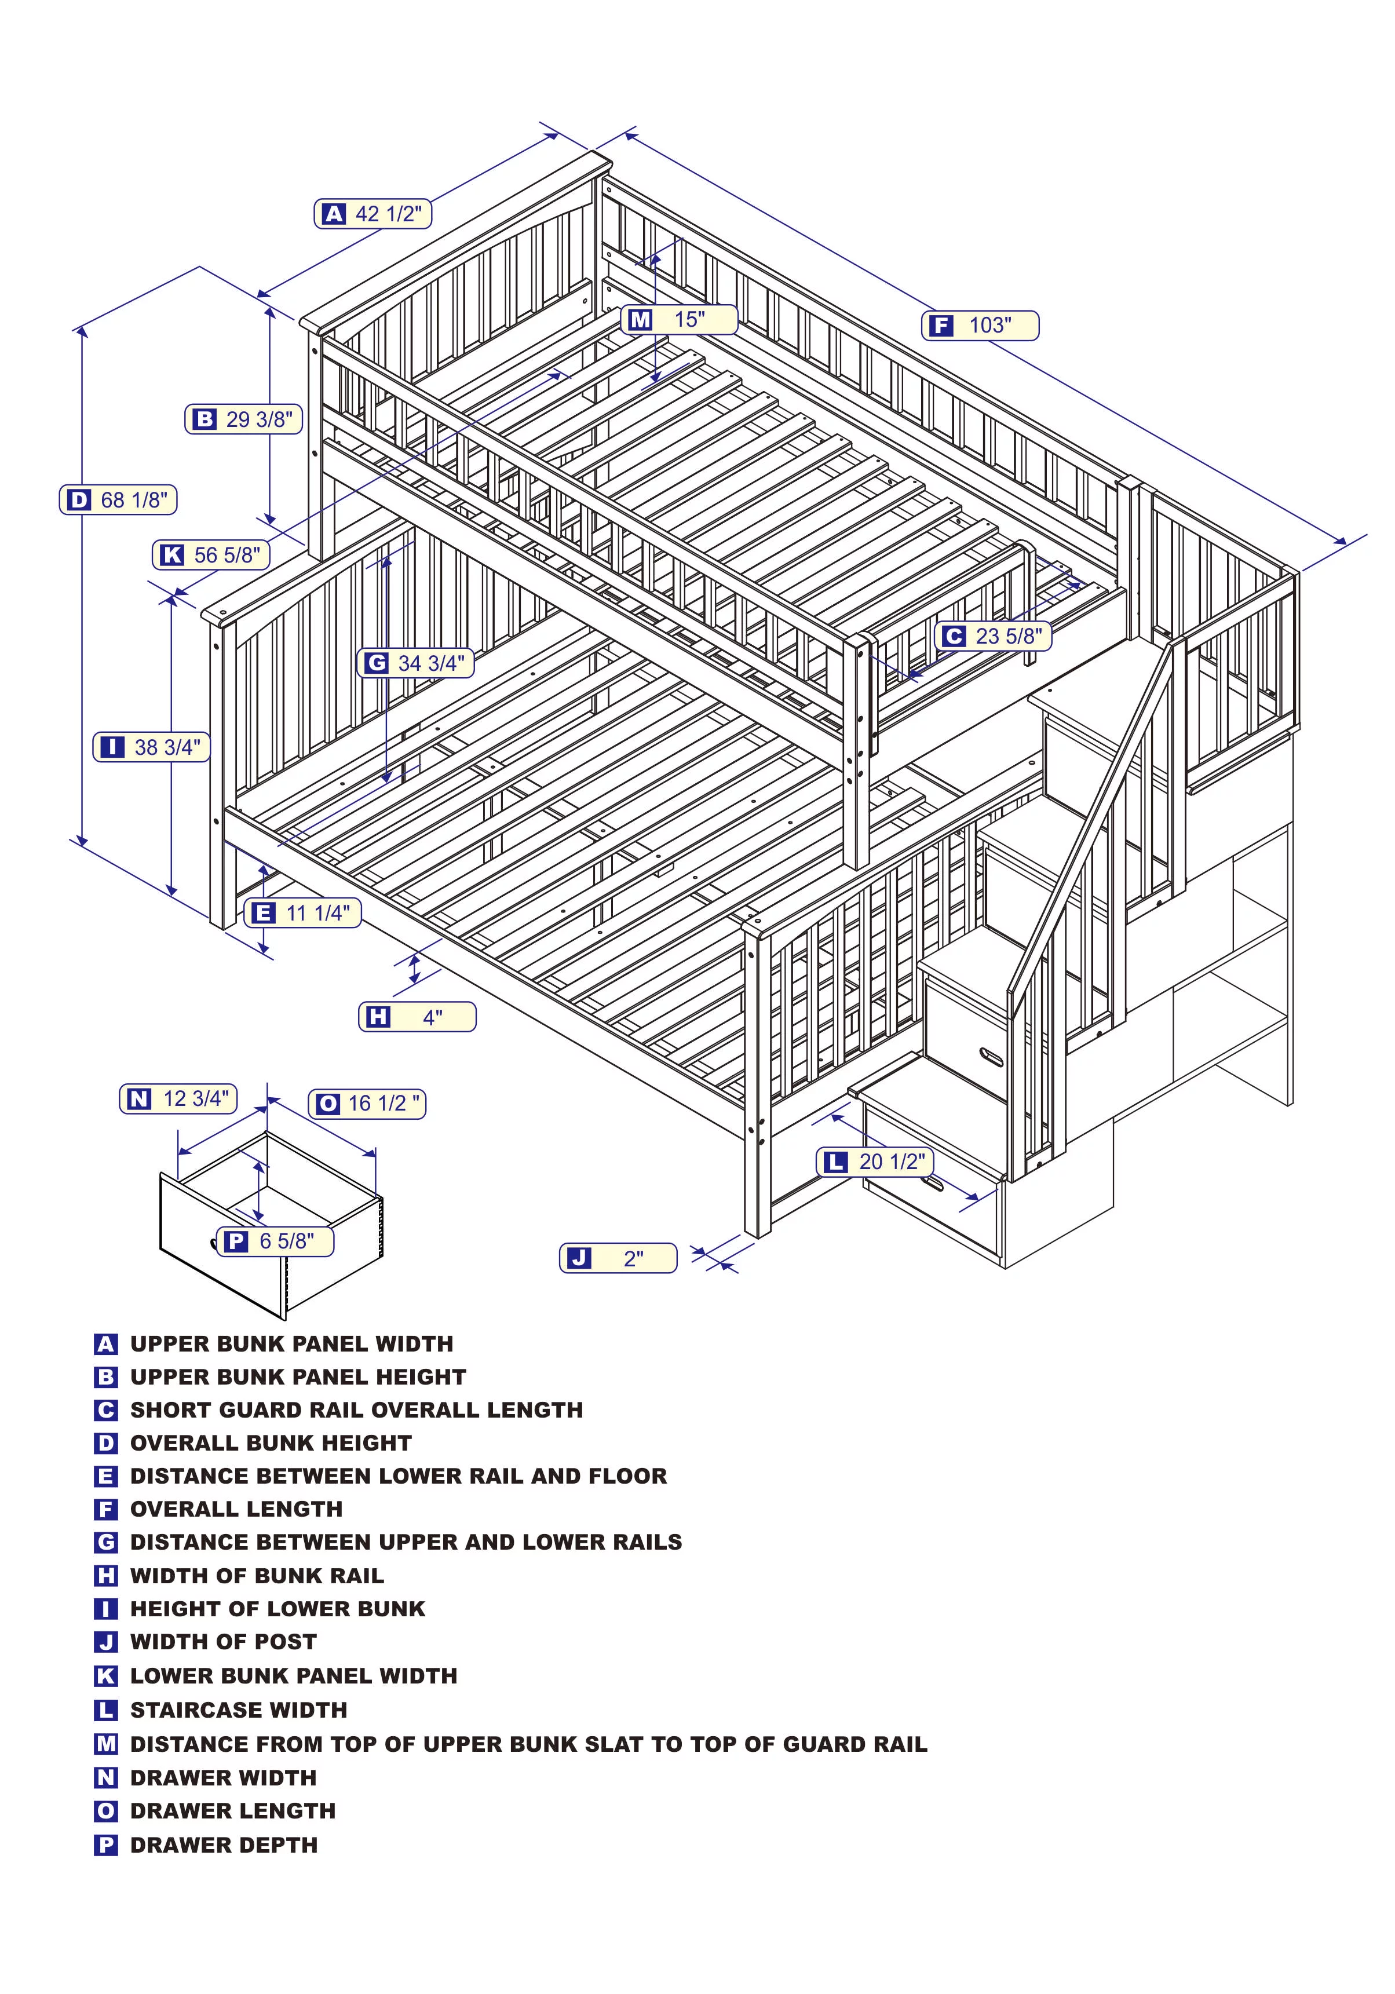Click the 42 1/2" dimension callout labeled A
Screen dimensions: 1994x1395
coord(373,214)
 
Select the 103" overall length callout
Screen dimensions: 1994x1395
coord(979,326)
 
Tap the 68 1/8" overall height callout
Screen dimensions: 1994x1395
coord(118,500)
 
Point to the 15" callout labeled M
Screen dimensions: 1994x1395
coord(678,320)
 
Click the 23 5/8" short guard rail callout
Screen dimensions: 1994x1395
coord(994,637)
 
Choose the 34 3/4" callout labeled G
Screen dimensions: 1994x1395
coord(416,663)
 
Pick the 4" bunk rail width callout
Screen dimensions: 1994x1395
coord(417,1017)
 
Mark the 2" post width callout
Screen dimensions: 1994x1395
coord(618,1258)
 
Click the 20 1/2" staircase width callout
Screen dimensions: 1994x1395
coord(875,1162)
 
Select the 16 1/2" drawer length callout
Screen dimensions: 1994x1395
coord(367,1104)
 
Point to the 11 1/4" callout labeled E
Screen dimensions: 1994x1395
coord(302,913)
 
